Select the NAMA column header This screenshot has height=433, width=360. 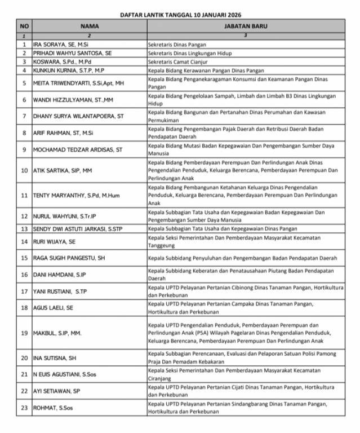89,26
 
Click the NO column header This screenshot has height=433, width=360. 24,26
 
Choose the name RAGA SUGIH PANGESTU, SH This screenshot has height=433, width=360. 70,258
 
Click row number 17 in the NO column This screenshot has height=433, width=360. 24,291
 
